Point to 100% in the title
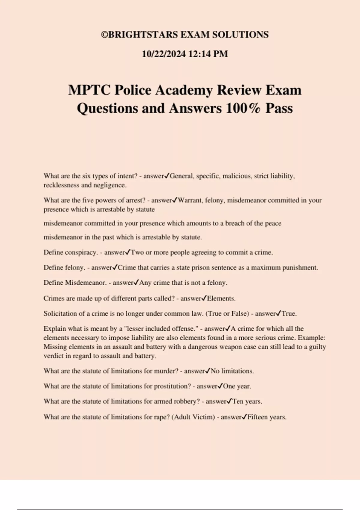coord(243,108)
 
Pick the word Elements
coord(221,298)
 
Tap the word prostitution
coord(172,386)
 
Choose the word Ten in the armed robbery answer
coord(238,401)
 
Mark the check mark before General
coord(167,176)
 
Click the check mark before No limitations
coord(207,371)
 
